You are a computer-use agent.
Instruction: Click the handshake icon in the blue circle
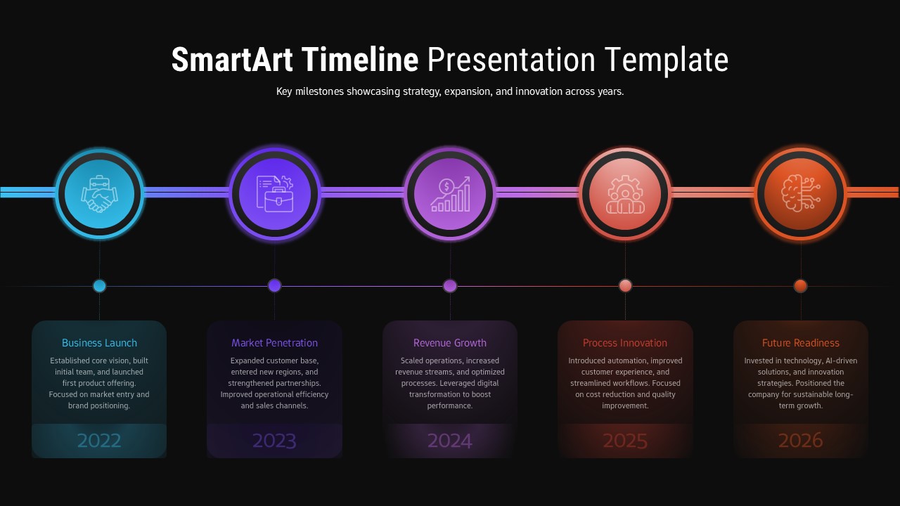pyautogui.click(x=99, y=193)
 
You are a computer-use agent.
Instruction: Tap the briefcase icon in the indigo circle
pyautogui.click(x=274, y=193)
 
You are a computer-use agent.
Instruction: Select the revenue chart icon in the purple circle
pyautogui.click(x=450, y=193)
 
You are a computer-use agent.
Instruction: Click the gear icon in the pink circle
pyautogui.click(x=625, y=193)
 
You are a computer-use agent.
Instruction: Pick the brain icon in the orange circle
pyautogui.click(x=800, y=193)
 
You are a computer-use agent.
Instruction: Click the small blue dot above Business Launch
pyautogui.click(x=99, y=286)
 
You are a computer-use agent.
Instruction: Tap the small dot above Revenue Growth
pyautogui.click(x=450, y=286)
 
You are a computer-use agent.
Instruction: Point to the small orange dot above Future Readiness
pyautogui.click(x=800, y=286)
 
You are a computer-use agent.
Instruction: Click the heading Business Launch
pyautogui.click(x=99, y=343)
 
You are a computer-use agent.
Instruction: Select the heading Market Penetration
pyautogui.click(x=274, y=343)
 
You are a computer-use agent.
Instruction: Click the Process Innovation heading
pyautogui.click(x=625, y=343)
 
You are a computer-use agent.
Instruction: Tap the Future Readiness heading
pyautogui.click(x=800, y=343)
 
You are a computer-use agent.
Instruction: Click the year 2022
pyautogui.click(x=99, y=441)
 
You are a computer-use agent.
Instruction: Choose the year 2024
pyautogui.click(x=450, y=441)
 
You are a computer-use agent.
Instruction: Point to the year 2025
pyautogui.click(x=625, y=441)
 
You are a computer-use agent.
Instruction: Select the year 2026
pyautogui.click(x=800, y=441)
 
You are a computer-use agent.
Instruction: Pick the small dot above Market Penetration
pyautogui.click(x=274, y=286)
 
